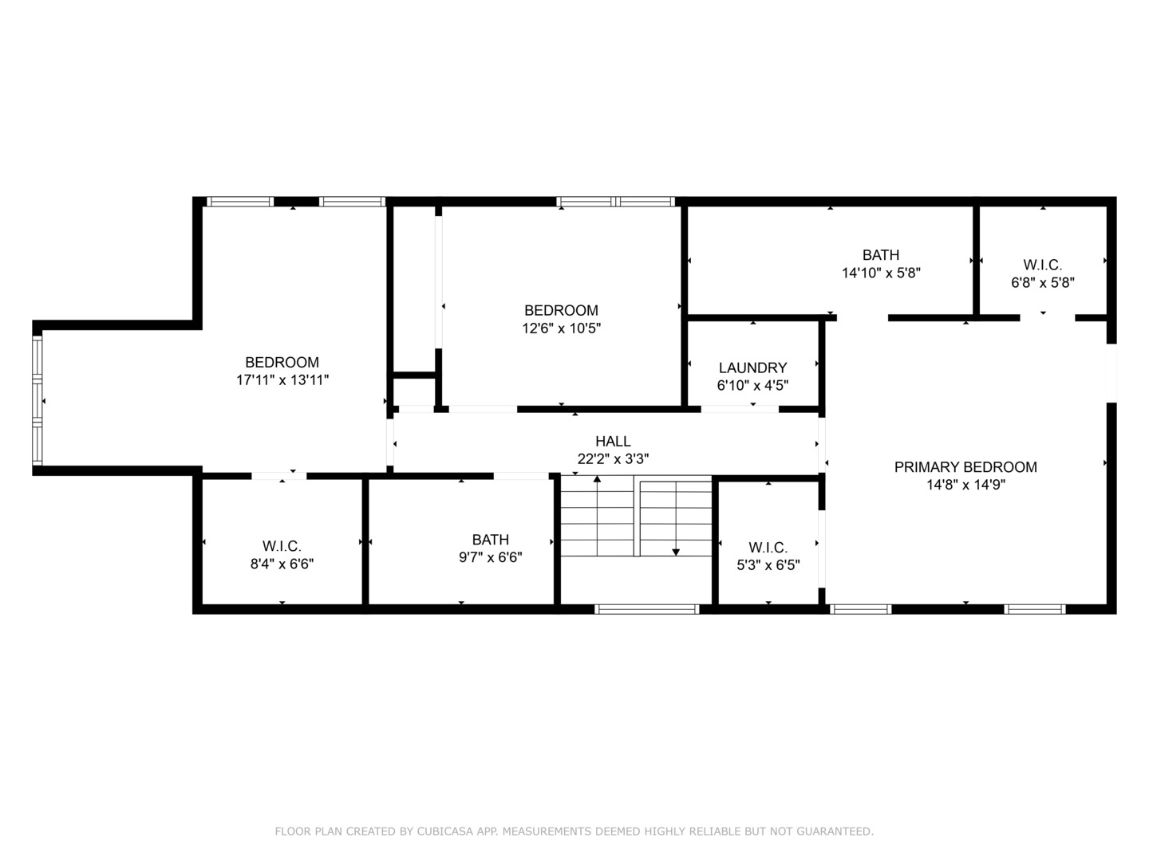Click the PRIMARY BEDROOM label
[965, 467]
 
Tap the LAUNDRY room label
[752, 368]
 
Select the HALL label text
[613, 441]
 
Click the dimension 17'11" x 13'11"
[282, 380]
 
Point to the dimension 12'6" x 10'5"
[561, 328]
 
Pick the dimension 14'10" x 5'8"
[881, 273]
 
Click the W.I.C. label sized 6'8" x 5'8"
[1042, 265]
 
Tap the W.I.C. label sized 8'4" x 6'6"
[282, 546]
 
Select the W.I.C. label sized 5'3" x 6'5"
[768, 548]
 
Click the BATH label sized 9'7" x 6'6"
[490, 540]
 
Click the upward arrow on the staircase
[597, 479]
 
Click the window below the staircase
[647, 609]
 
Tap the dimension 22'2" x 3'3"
[613, 459]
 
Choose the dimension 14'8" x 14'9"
[965, 485]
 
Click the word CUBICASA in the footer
[446, 832]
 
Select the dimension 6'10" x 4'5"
[752, 385]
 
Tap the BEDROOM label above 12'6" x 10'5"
[561, 310]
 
